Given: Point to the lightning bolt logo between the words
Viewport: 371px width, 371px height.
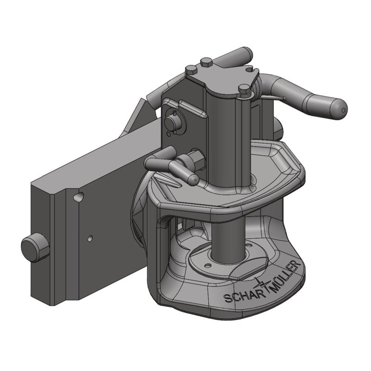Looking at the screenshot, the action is pos(261,285).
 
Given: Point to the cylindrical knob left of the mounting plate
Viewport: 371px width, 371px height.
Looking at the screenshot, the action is pos(35,247).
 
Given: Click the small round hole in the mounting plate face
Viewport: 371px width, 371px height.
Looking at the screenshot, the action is pos(90,238).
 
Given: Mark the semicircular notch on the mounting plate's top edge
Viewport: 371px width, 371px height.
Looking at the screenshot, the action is pos(79,197).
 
